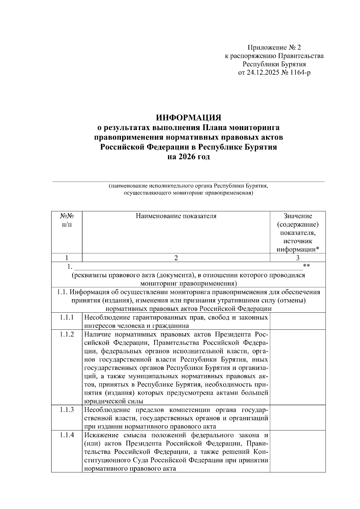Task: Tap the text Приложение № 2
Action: click(274, 47)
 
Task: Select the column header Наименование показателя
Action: click(176, 216)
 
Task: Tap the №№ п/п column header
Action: click(67, 220)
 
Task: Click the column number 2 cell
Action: click(176, 258)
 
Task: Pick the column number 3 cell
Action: click(298, 258)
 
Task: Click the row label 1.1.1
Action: click(67, 317)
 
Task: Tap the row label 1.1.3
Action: click(67, 410)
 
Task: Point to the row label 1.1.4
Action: click(67, 435)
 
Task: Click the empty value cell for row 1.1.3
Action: click(298, 418)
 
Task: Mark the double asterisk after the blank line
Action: click(306, 266)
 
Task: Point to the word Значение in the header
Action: click(298, 216)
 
